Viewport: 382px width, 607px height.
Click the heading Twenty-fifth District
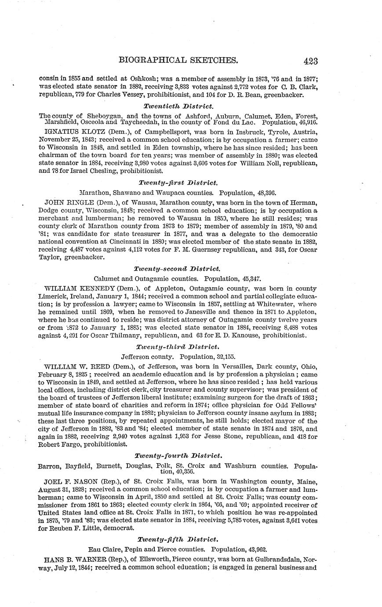(177, 539)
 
